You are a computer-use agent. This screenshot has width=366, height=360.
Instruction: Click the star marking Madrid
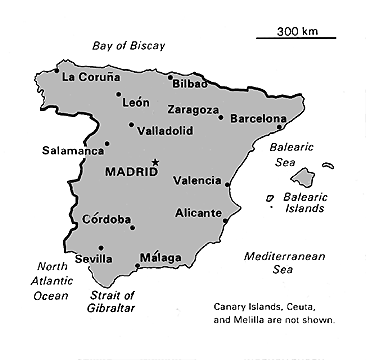coord(154,162)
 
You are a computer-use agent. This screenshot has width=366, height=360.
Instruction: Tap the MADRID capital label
coord(131,172)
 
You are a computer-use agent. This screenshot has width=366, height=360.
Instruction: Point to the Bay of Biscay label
coord(128,46)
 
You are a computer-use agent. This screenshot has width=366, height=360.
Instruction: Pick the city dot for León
coord(119,94)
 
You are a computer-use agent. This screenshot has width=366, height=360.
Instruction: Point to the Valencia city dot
coord(228,184)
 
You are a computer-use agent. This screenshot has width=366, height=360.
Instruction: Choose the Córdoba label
coord(105,219)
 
